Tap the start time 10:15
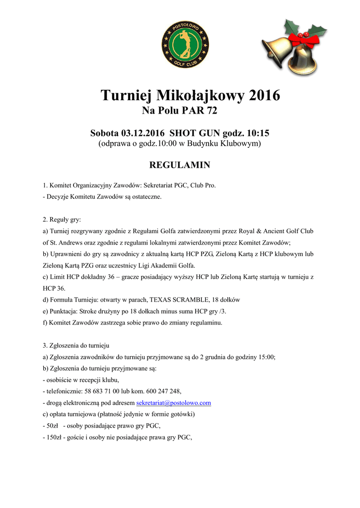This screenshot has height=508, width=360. pos(259,133)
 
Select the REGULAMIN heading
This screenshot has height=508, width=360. pos(180,165)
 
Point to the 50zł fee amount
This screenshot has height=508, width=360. pos(52,426)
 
